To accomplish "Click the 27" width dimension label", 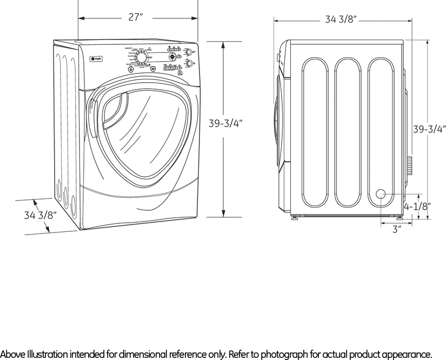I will pyautogui.click(x=136, y=17).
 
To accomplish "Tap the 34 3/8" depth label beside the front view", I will pyautogui.click(x=41, y=215).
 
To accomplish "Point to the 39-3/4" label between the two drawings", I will pyautogui.click(x=225, y=123).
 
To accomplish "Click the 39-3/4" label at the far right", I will pyautogui.click(x=429, y=129).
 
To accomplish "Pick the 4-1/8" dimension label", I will pyautogui.click(x=417, y=206).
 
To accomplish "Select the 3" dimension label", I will pyautogui.click(x=397, y=229).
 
